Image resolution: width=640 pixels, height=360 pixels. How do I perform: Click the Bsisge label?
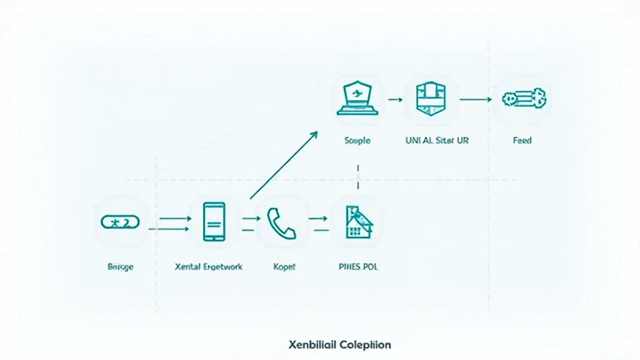pos(121,266)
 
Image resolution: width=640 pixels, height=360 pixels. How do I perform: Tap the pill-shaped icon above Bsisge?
pos(121,222)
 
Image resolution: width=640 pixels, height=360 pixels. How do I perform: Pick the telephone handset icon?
pos(281,223)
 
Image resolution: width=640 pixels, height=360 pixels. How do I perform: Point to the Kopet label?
pos(284,266)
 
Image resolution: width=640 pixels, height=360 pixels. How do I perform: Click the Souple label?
pos(357,141)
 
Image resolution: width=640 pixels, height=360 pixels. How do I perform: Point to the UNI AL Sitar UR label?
pos(437,141)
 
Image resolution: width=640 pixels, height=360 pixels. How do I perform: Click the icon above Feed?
pos(524,98)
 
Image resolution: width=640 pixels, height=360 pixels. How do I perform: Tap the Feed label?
pos(522,141)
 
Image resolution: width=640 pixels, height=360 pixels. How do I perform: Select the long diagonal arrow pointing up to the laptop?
pos(282,166)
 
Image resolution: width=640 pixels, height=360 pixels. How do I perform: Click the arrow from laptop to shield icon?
pos(394,99)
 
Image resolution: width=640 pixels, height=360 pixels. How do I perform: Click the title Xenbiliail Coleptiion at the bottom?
pos(340,344)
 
